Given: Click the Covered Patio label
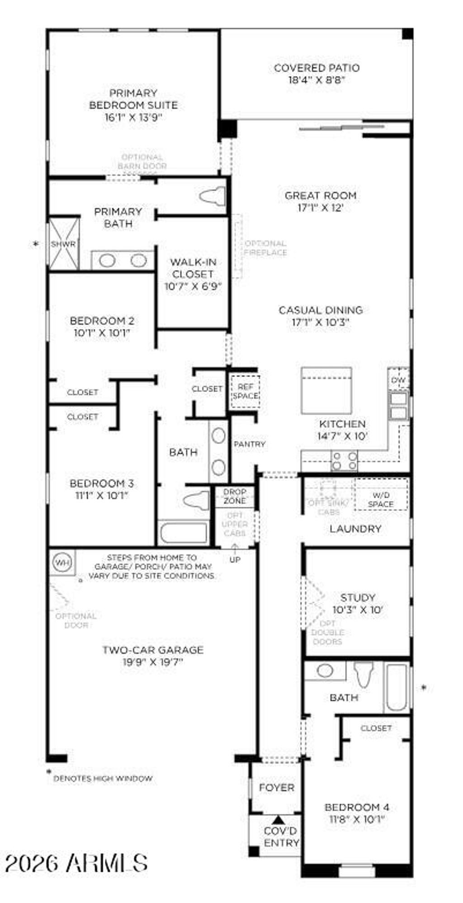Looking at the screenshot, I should pos(317,68).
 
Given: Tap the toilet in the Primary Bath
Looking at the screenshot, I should pos(213,196).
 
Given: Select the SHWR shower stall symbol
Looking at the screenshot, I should pos(63,244).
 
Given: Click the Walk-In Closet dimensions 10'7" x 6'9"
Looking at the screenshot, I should pos(193,286).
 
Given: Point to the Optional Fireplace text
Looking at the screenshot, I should pos(265,248).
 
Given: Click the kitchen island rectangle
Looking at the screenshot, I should pos(326,390).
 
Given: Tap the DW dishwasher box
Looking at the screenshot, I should pos(398,380).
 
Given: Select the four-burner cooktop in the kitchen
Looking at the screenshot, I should pos(345,461).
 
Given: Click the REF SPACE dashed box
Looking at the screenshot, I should pos(245,392).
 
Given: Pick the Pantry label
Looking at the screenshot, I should pos(249,444).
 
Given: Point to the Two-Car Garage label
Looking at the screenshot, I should pos(153,650).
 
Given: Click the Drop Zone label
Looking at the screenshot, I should pos(235,496).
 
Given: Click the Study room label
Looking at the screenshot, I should pos(358,597).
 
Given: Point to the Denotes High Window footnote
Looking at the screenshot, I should pos(103,779).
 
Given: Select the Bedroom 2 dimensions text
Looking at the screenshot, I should pos(102,333).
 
